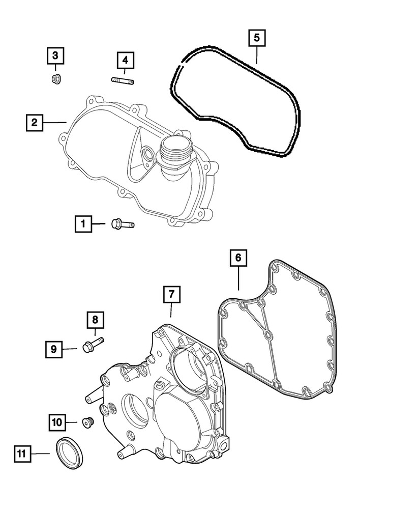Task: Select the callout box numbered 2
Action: pos(34,122)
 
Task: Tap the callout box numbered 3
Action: pos(56,55)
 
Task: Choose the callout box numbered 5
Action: pos(257,38)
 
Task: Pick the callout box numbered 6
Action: pos(238,258)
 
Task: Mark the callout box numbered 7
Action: pos(171,294)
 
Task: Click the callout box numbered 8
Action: pos(95,320)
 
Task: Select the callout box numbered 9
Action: pos(54,349)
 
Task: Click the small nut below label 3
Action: pos(56,79)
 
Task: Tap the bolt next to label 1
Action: pos(122,223)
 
